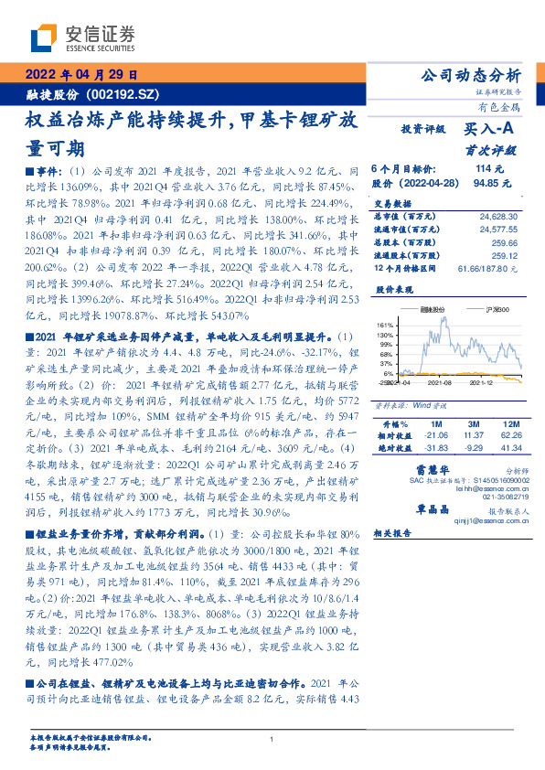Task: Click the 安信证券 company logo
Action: tap(82, 37)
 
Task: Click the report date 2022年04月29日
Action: tap(80, 76)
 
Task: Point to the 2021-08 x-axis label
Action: tap(442, 385)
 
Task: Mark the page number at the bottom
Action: tap(272, 740)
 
